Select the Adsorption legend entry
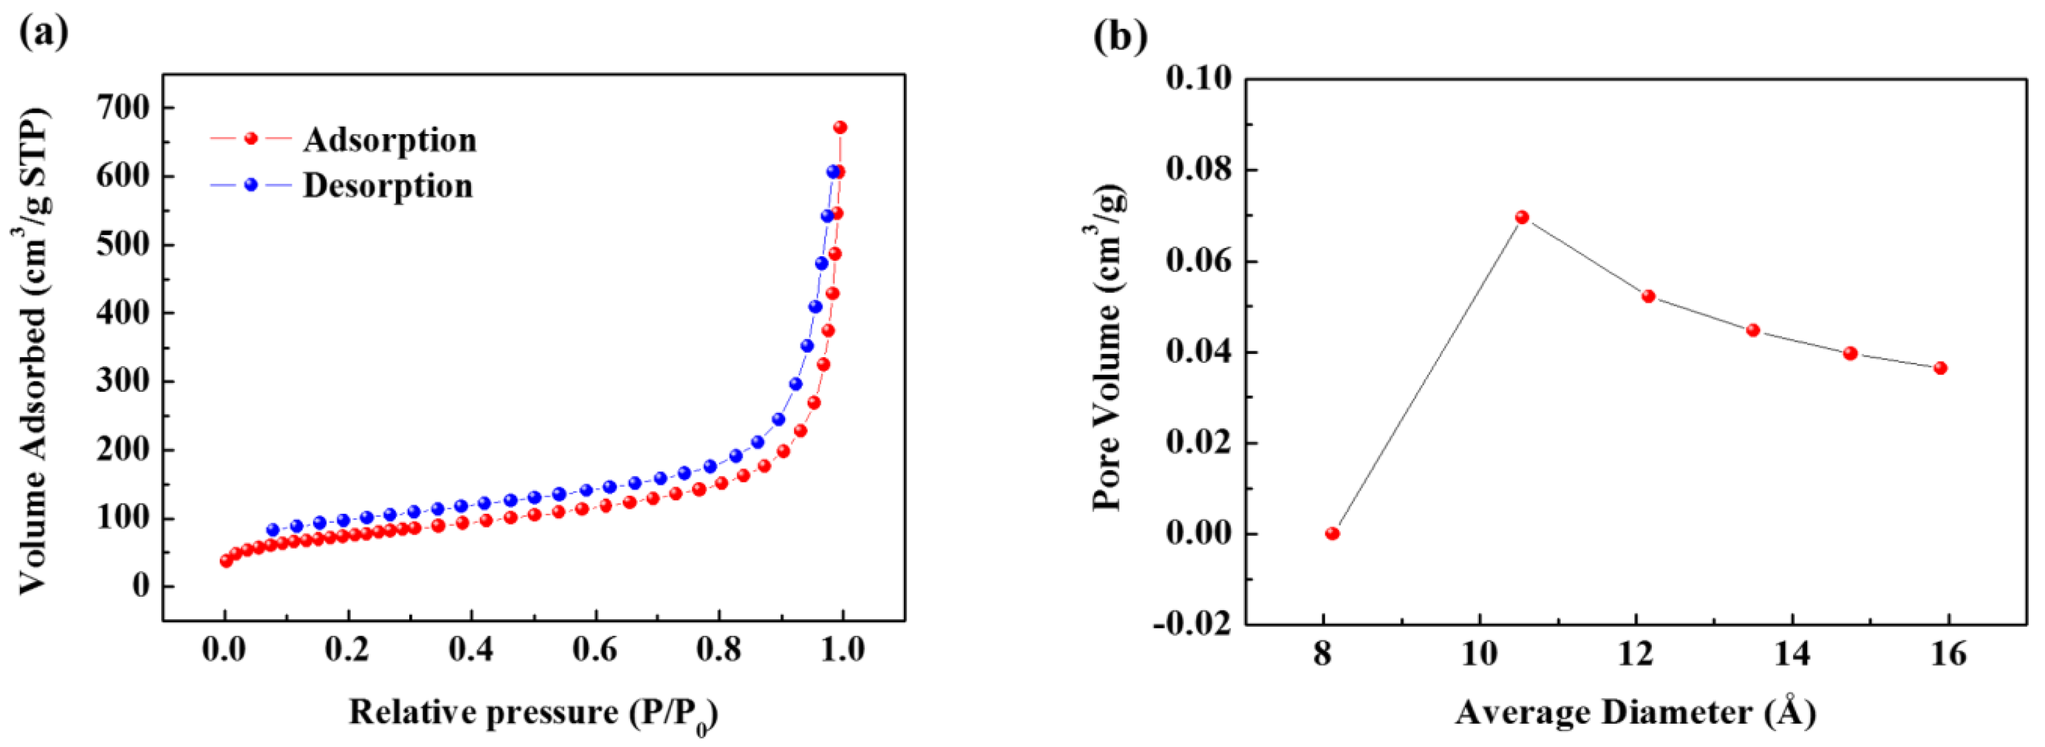click(x=389, y=140)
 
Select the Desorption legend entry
click(x=387, y=186)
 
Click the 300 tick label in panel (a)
click(x=123, y=382)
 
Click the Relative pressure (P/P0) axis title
click(x=533, y=713)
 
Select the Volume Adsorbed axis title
click(x=33, y=349)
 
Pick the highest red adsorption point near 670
click(x=840, y=127)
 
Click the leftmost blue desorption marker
click(x=273, y=529)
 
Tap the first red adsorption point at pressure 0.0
click(x=226, y=561)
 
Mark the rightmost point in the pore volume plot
click(x=1940, y=367)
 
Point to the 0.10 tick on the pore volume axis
click(x=1199, y=78)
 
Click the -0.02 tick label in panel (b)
click(x=1192, y=624)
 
